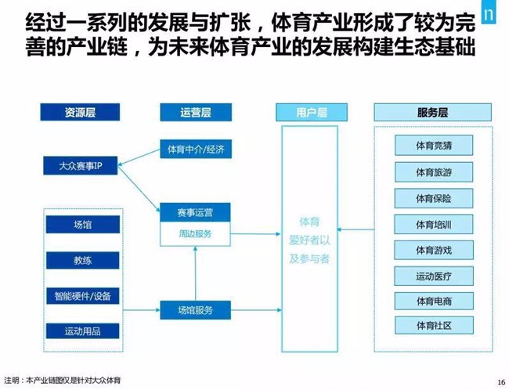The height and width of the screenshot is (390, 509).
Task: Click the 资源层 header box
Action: pos(79,113)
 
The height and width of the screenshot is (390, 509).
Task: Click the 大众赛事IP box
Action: pos(79,166)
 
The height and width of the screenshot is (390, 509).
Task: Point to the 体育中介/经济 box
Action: pos(196,148)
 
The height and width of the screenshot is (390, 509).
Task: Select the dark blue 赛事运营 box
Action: pos(196,212)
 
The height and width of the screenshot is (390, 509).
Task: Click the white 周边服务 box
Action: pos(196,233)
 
